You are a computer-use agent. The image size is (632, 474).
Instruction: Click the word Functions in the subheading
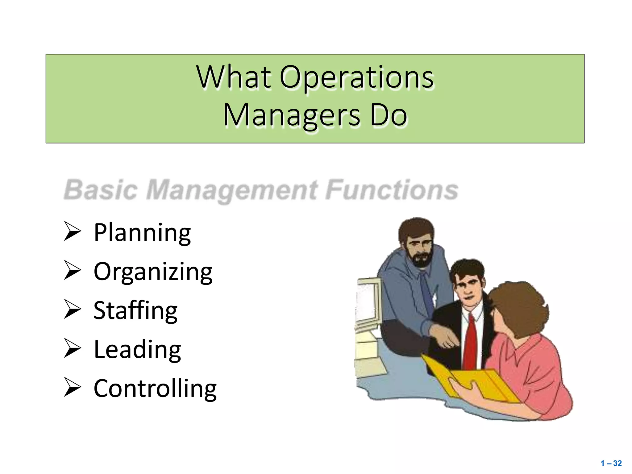point(392,189)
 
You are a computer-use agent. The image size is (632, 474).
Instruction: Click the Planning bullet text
point(142,233)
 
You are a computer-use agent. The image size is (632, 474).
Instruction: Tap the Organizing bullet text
point(153,272)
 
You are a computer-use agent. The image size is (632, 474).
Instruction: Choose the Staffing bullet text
point(135,310)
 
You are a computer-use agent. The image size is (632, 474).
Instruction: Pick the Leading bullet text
point(137,349)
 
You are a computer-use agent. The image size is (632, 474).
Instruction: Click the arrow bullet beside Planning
point(72,231)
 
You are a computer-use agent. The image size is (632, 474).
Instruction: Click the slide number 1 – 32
point(611,463)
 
